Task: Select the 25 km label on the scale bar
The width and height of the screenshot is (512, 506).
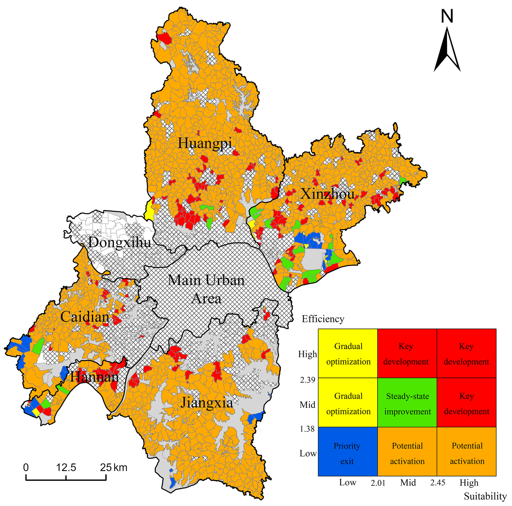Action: tap(113, 467)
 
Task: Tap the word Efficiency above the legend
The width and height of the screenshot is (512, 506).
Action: tap(323, 319)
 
